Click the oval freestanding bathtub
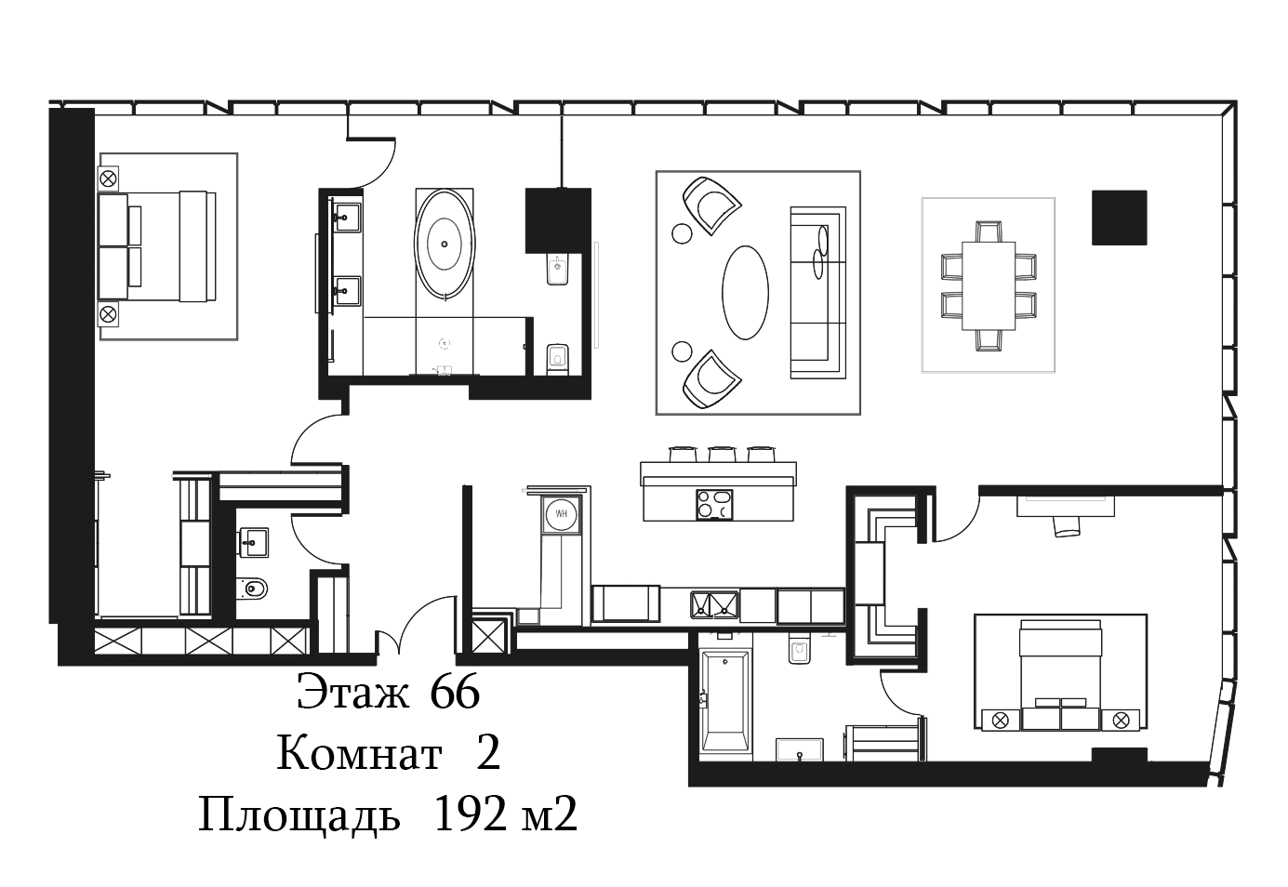pyautogui.click(x=445, y=244)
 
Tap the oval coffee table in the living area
pyautogui.click(x=745, y=293)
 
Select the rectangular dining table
pyautogui.click(x=989, y=285)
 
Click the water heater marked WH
pyautogui.click(x=562, y=513)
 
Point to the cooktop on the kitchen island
pyautogui.click(x=714, y=505)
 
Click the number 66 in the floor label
pyautogui.click(x=455, y=692)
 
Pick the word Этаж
pyautogui.click(x=353, y=692)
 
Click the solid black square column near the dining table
pyautogui.click(x=1119, y=218)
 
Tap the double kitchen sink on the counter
pyautogui.click(x=715, y=605)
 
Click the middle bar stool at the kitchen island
pyautogui.click(x=723, y=454)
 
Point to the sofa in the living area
pyautogui.click(x=818, y=293)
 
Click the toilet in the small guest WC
pyautogui.click(x=252, y=588)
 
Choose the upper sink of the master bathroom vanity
pyautogui.click(x=348, y=217)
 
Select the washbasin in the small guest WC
pyautogui.click(x=253, y=543)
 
